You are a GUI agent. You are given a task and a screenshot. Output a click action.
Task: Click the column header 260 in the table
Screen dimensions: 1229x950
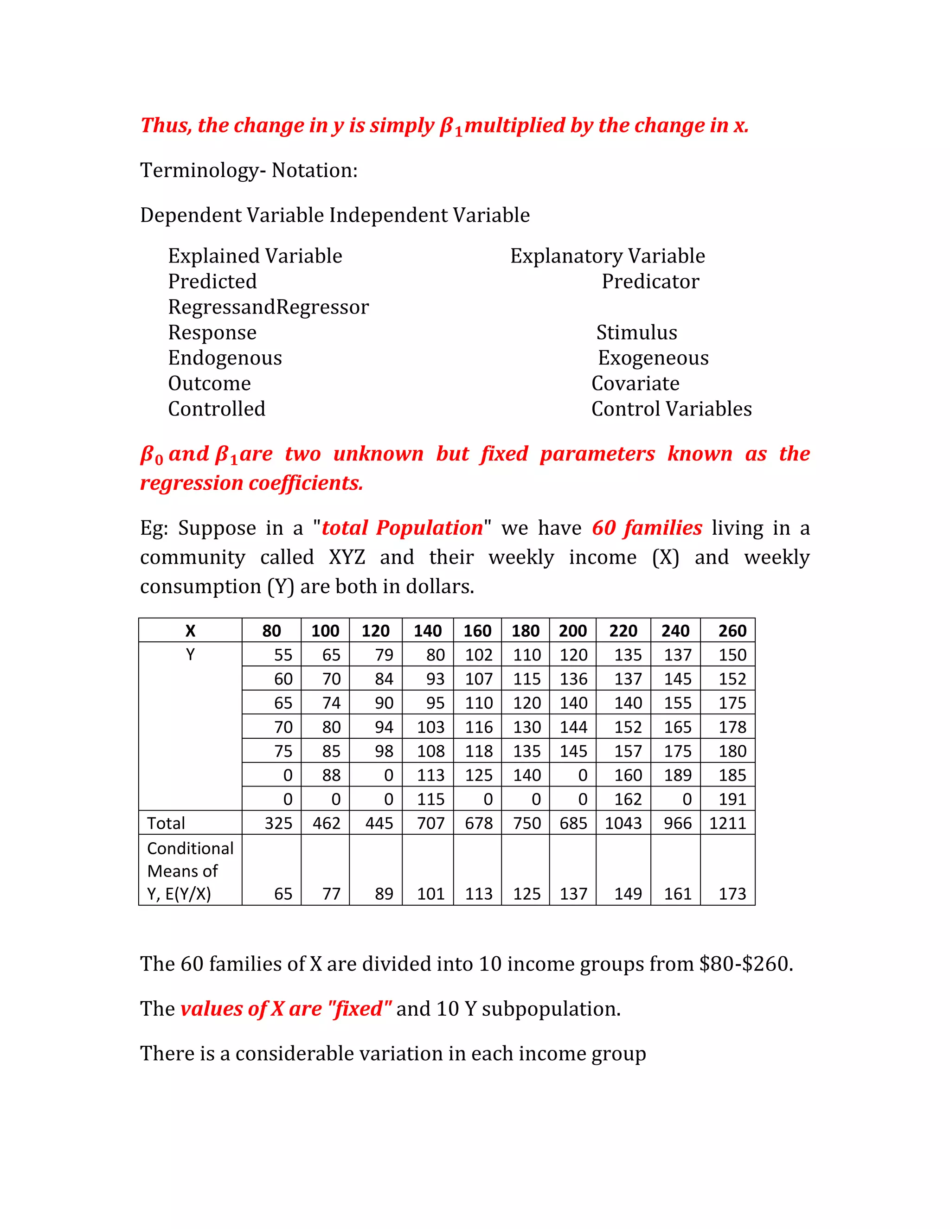pyautogui.click(x=732, y=631)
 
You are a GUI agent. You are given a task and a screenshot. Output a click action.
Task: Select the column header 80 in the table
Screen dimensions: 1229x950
pyautogui.click(x=271, y=631)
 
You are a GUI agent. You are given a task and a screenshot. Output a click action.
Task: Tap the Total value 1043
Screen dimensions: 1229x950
pyautogui.click(x=623, y=823)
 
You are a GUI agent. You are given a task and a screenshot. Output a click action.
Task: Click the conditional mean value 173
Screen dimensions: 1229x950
pyautogui.click(x=732, y=894)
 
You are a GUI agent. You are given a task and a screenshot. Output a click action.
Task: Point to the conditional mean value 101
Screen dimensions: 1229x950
pyautogui.click(x=430, y=894)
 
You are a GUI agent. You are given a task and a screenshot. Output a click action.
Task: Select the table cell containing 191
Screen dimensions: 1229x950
pyautogui.click(x=732, y=799)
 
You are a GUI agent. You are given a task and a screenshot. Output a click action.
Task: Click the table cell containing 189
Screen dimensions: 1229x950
pyautogui.click(x=678, y=775)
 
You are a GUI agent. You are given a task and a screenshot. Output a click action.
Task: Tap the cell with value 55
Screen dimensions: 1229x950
pyautogui.click(x=283, y=655)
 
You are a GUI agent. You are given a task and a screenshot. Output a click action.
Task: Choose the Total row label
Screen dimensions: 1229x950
pyautogui.click(x=166, y=823)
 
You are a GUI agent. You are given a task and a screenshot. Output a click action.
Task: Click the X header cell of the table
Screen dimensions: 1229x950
pyautogui.click(x=190, y=631)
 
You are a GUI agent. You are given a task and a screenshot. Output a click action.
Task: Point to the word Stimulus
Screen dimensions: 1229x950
pyautogui.click(x=636, y=333)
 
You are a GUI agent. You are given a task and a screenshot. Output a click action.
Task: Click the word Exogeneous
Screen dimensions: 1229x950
pyautogui.click(x=653, y=358)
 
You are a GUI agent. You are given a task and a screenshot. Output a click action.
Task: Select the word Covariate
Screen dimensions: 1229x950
pyautogui.click(x=635, y=383)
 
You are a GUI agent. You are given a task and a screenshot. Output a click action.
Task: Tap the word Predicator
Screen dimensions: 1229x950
pyautogui.click(x=650, y=282)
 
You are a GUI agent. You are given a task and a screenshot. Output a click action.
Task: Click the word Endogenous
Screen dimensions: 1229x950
pyautogui.click(x=225, y=358)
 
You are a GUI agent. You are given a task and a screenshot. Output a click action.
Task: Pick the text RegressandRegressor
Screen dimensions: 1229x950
pyautogui.click(x=269, y=307)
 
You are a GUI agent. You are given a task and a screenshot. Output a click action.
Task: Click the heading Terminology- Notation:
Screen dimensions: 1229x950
pyautogui.click(x=249, y=170)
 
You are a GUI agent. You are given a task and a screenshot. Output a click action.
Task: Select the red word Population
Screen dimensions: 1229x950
pyautogui.click(x=430, y=528)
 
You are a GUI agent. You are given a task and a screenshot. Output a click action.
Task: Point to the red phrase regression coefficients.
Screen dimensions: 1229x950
pyautogui.click(x=251, y=483)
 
